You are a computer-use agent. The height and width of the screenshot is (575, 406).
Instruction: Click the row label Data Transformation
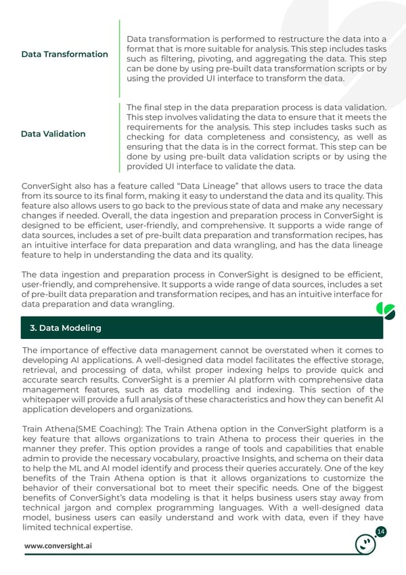(64, 54)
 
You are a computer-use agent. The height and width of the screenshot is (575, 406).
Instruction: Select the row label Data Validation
(53, 134)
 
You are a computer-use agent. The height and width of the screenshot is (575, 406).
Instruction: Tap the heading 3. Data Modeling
(66, 328)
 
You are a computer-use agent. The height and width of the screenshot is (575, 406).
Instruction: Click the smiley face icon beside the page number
(366, 544)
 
